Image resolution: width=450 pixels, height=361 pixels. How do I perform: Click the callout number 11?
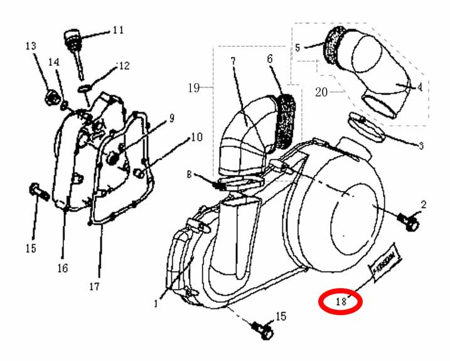tap(117, 30)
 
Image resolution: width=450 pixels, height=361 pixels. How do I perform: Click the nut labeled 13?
tap(48, 97)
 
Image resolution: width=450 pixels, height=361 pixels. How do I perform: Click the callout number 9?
tap(171, 117)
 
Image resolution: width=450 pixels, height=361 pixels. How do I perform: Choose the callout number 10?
tap(196, 136)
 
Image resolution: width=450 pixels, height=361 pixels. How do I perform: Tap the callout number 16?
tap(62, 268)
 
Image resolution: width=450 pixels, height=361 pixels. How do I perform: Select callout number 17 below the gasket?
tap(94, 287)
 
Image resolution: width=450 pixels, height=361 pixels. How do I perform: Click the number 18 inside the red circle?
tap(341, 301)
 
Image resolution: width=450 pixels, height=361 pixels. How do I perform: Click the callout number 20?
tap(321, 92)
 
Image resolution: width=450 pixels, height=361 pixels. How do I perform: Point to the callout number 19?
tap(193, 88)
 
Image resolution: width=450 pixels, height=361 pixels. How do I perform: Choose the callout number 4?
tap(419, 87)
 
